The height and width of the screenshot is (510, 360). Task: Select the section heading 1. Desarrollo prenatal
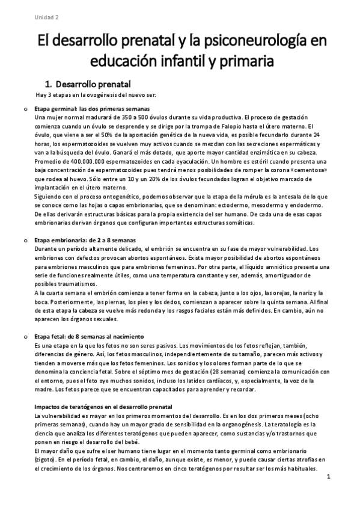89,83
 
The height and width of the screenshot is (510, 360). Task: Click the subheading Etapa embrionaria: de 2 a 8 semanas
84,241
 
